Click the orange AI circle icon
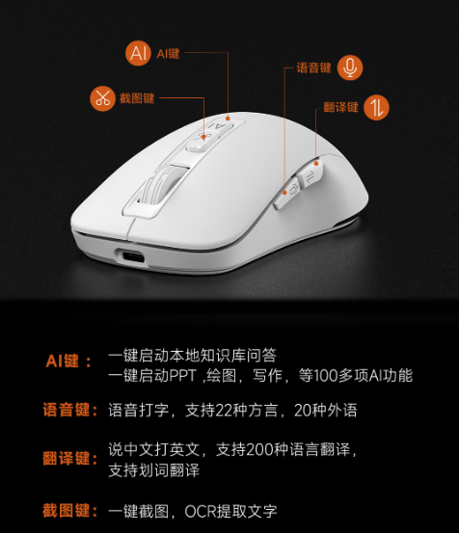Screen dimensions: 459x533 (138, 53)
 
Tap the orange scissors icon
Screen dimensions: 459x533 (102, 98)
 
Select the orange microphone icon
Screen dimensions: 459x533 (350, 67)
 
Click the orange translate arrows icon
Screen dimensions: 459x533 (376, 107)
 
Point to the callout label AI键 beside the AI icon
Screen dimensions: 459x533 (168, 53)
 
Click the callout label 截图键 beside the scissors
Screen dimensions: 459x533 (137, 98)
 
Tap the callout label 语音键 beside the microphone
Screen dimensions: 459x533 (313, 67)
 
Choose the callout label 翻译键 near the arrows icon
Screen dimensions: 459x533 (340, 107)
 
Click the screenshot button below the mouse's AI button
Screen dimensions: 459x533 (202, 141)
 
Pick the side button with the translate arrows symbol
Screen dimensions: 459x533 (310, 173)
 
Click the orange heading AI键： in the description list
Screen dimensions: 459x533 (68, 361)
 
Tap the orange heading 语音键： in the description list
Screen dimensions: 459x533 (70, 410)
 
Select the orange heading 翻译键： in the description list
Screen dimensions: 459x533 (70, 458)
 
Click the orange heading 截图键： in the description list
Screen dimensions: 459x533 (70, 511)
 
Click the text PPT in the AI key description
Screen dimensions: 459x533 (183, 376)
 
